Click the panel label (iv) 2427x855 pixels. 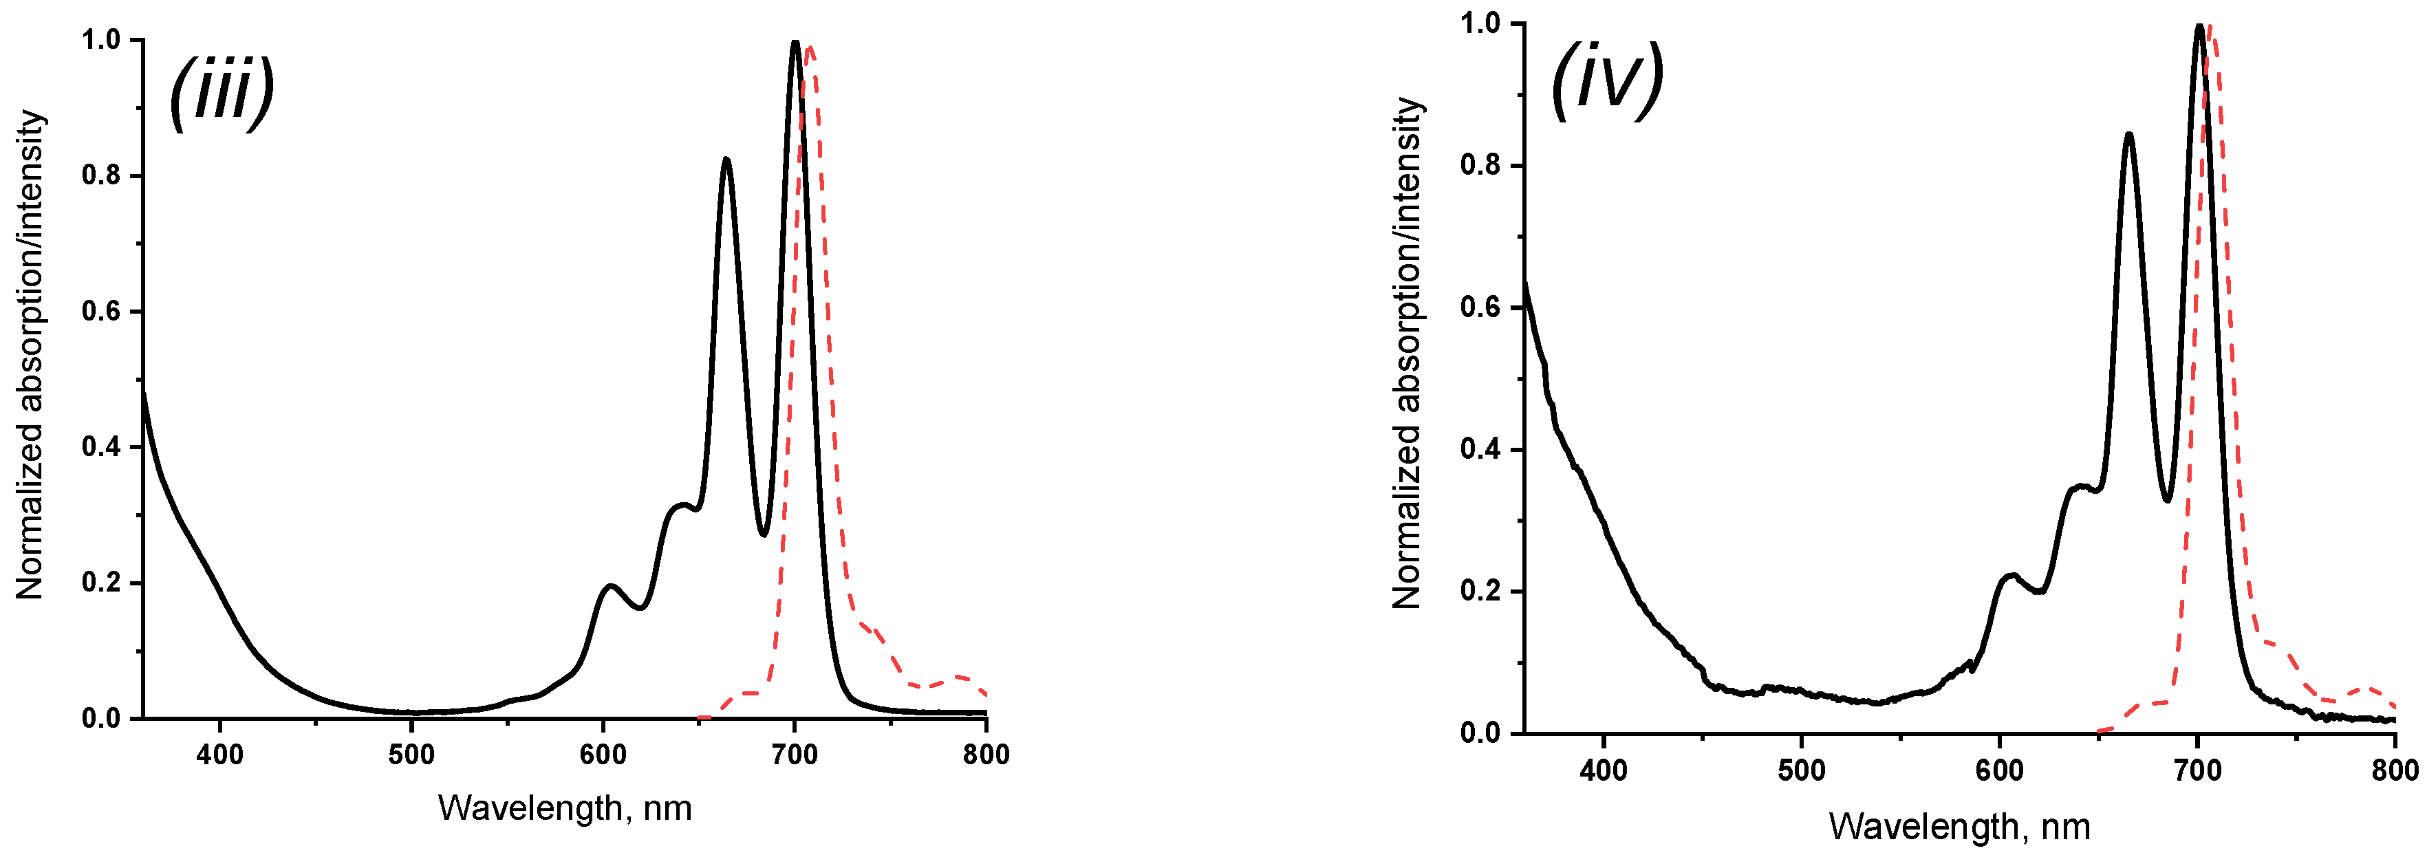(x=1607, y=81)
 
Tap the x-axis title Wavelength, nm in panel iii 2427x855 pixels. (x=564, y=808)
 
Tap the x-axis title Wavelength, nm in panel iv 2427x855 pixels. (x=1960, y=827)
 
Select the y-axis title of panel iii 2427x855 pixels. (x=30, y=355)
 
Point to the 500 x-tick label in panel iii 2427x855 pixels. (x=411, y=755)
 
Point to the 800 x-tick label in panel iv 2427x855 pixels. (x=2394, y=770)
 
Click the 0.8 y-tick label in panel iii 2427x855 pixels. (x=102, y=175)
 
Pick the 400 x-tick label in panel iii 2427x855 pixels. (x=219, y=755)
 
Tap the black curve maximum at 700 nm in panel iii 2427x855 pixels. (x=795, y=43)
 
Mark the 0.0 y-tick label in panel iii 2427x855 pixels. (x=102, y=719)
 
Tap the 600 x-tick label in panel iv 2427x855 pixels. (x=1999, y=770)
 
